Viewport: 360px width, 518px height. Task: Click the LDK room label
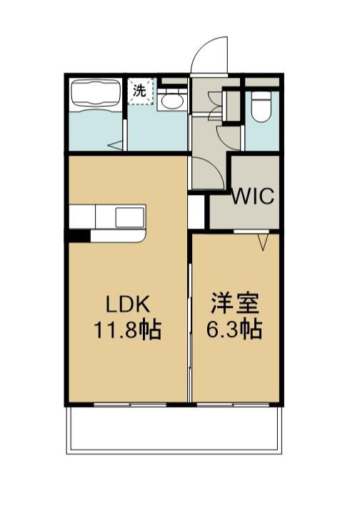click(128, 304)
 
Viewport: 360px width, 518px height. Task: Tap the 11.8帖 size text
click(128, 329)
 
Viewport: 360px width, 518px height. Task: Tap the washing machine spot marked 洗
click(140, 91)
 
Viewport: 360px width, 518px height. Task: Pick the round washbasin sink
click(171, 101)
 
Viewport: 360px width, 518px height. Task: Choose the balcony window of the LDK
click(129, 404)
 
